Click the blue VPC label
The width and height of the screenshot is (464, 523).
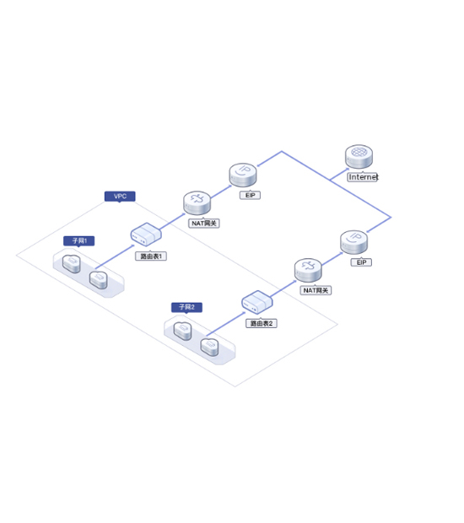120,196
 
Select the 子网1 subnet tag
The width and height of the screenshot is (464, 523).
79,240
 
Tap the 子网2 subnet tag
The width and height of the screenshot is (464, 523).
186,307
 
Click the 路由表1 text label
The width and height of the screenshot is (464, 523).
151,256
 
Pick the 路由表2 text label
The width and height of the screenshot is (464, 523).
262,323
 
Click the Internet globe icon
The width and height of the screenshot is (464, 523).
359,156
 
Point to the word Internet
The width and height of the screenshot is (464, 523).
363,177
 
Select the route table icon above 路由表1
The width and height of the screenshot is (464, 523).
146,235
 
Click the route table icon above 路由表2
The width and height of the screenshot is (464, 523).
257,302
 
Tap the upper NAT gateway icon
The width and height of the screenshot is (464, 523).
197,202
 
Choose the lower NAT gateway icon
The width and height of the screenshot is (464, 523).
308,270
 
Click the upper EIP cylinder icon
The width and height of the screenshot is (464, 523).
243,175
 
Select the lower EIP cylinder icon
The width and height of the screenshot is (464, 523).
354,242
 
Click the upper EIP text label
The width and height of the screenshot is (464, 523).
251,195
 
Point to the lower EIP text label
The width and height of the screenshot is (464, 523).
361,262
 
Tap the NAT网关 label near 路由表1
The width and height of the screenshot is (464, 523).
204,224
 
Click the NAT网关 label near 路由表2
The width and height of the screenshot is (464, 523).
316,290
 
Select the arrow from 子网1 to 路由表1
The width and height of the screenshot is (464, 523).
115,256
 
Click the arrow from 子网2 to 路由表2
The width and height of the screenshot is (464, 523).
226,324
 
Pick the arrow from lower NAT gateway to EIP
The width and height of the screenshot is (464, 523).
332,259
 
